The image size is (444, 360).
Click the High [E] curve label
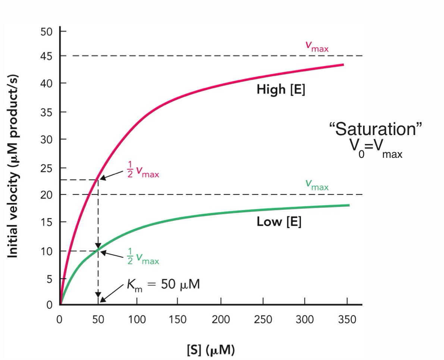(281, 90)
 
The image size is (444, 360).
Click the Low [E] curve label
(279, 222)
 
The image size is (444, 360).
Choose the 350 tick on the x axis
(347, 320)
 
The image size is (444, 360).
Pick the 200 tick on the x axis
(221, 320)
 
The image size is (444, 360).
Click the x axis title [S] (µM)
(210, 350)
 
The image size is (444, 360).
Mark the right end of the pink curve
(343, 65)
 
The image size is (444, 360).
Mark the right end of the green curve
(348, 205)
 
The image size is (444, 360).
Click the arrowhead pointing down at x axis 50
(98, 294)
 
